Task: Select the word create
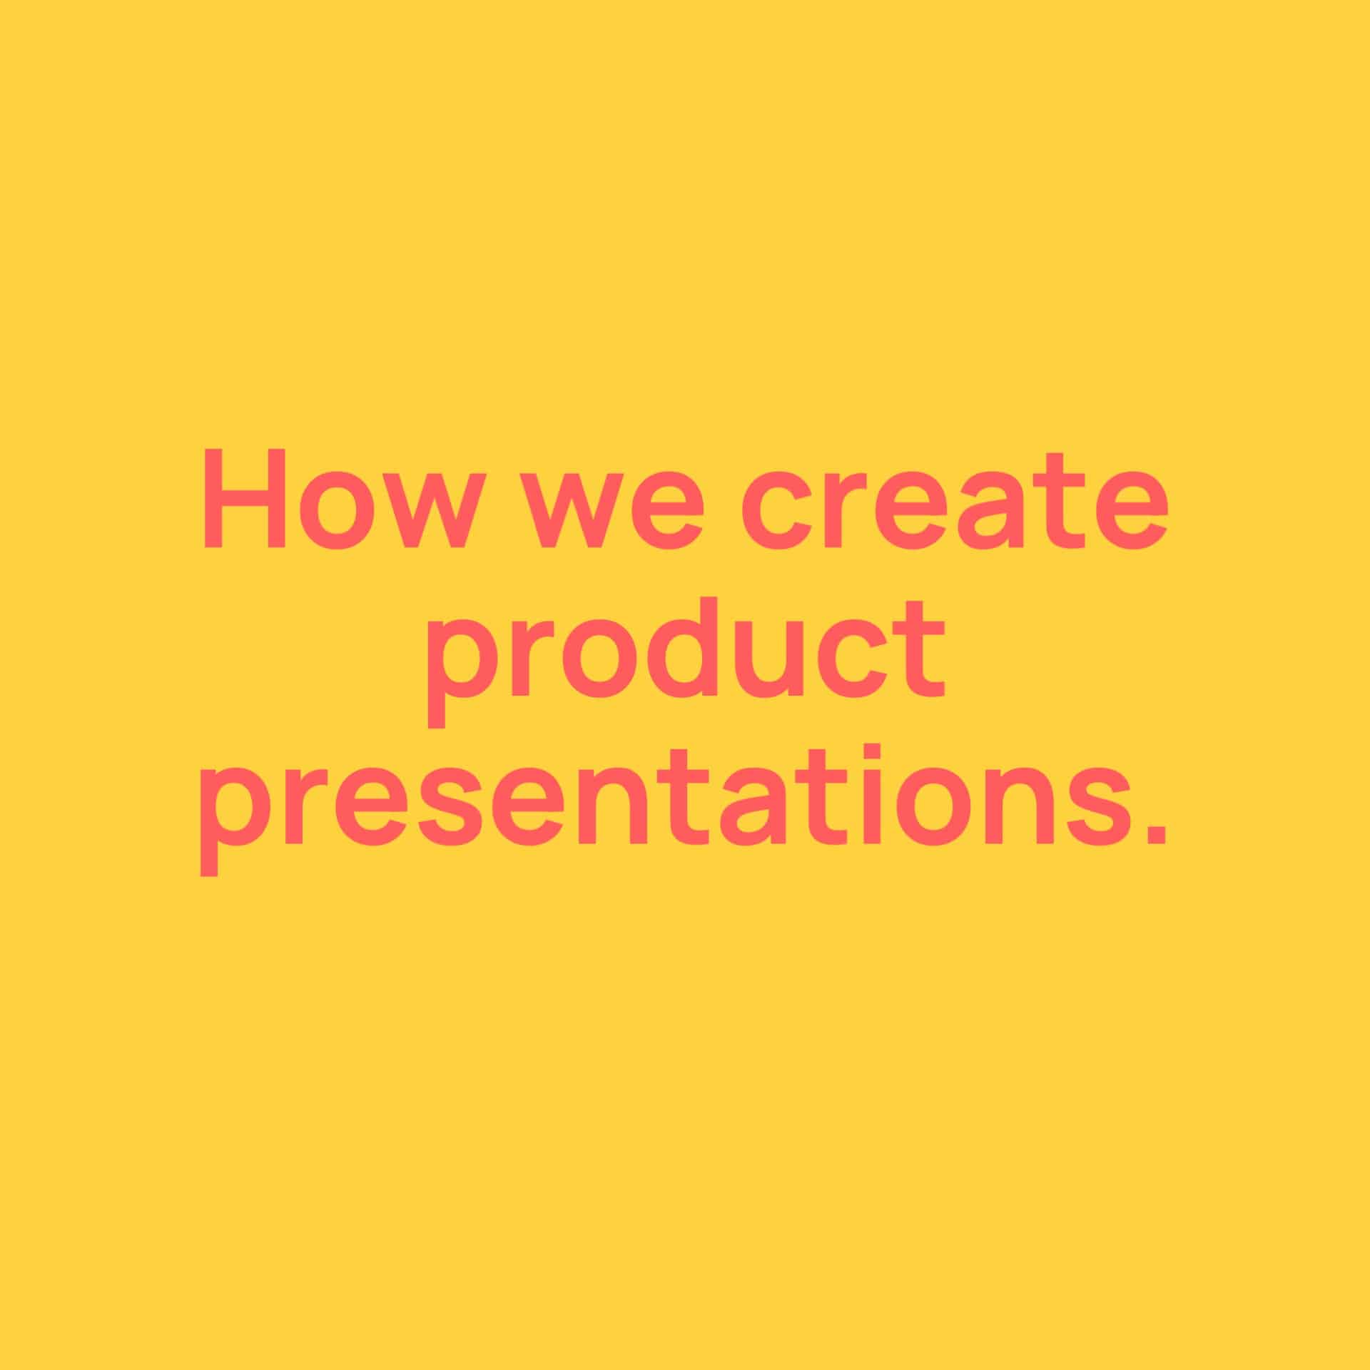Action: [954, 501]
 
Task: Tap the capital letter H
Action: [245, 499]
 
